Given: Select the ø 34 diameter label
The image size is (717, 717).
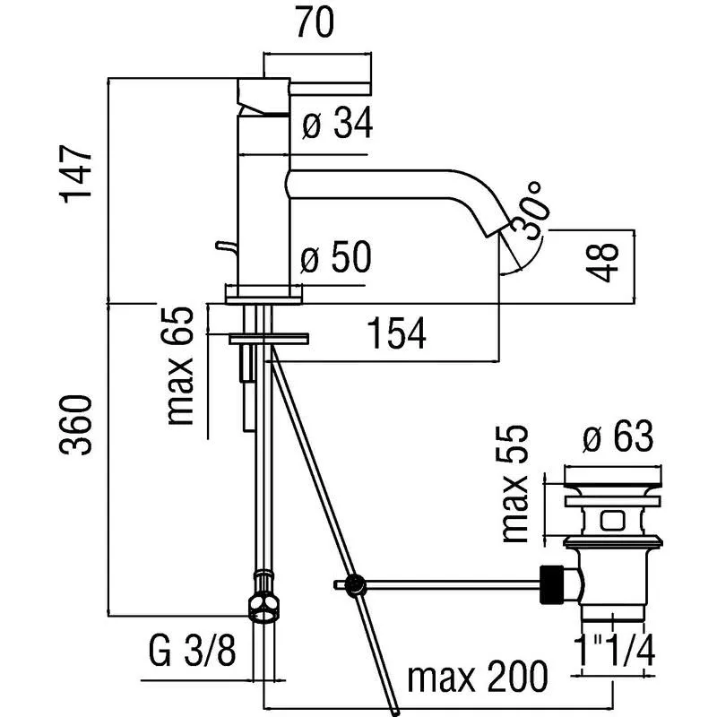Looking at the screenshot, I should pyautogui.click(x=336, y=125).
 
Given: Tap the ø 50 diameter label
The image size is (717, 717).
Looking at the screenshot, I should pyautogui.click(x=336, y=261).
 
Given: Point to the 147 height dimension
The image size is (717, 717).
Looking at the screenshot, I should pyautogui.click(x=78, y=174).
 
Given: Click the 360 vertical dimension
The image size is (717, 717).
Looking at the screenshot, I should pyautogui.click(x=78, y=424).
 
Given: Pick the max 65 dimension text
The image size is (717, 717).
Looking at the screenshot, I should pyautogui.click(x=180, y=367).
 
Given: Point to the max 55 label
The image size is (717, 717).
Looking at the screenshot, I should pyautogui.click(x=516, y=484).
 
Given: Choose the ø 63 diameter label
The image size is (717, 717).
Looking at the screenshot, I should pyautogui.click(x=618, y=439).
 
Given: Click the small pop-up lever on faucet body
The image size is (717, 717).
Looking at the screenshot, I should pyautogui.click(x=220, y=246).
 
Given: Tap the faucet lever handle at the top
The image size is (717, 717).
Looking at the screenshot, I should pyautogui.click(x=305, y=89).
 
